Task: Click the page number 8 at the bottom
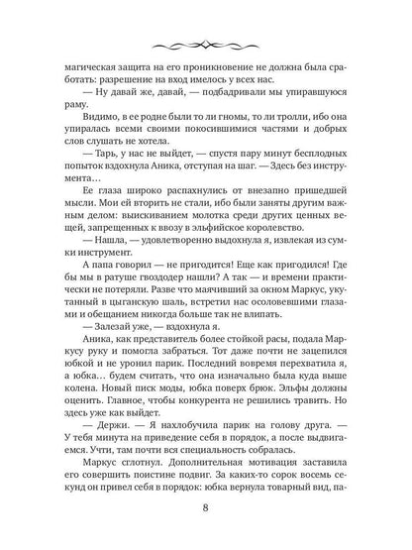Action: (206, 509)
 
